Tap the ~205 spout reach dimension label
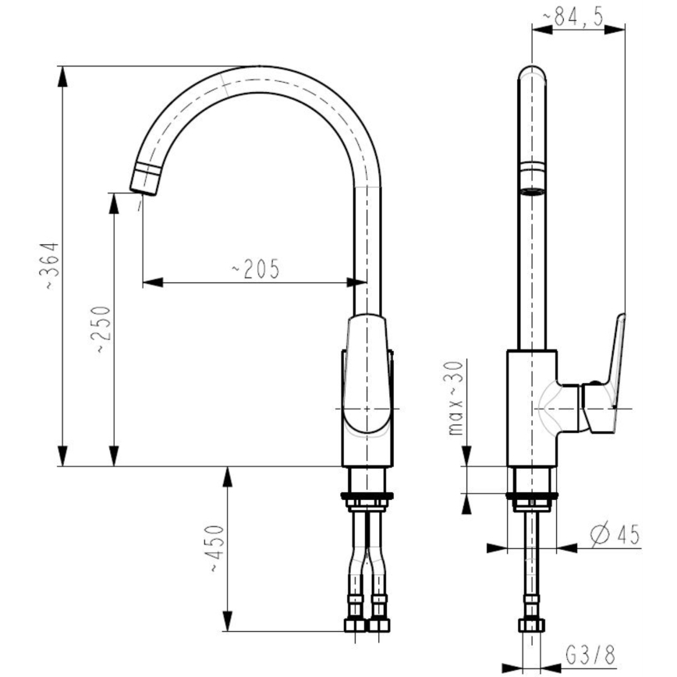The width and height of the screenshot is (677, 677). click(x=255, y=269)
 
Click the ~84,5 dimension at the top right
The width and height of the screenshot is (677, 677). click(x=578, y=18)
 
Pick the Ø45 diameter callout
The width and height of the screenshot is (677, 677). click(x=614, y=535)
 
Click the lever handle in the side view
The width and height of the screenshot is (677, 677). click(x=613, y=367)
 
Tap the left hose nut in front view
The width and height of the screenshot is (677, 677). click(x=356, y=624)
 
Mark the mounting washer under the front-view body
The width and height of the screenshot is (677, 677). click(x=367, y=495)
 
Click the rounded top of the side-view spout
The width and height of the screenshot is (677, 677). click(x=533, y=74)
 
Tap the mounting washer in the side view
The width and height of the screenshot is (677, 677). click(x=532, y=495)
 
